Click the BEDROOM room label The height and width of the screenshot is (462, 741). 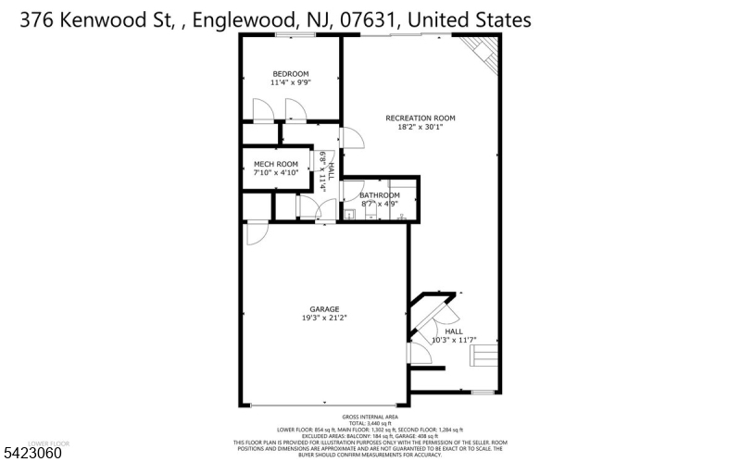(x=290, y=74)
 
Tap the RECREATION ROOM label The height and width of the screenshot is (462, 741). (x=421, y=118)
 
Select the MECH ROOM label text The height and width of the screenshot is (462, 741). (x=276, y=164)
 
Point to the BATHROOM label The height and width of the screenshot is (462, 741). (x=380, y=195)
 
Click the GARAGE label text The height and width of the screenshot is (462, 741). (x=324, y=309)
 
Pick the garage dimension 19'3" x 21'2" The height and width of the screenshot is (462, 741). (x=324, y=318)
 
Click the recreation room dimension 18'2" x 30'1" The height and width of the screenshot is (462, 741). (x=421, y=127)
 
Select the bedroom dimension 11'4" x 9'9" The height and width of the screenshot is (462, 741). (x=290, y=83)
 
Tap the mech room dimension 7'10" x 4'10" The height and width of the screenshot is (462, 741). (x=276, y=172)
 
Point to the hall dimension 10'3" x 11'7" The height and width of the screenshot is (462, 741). (x=454, y=340)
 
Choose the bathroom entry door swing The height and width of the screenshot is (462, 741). (x=349, y=191)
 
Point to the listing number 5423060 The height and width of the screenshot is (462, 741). (x=32, y=454)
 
